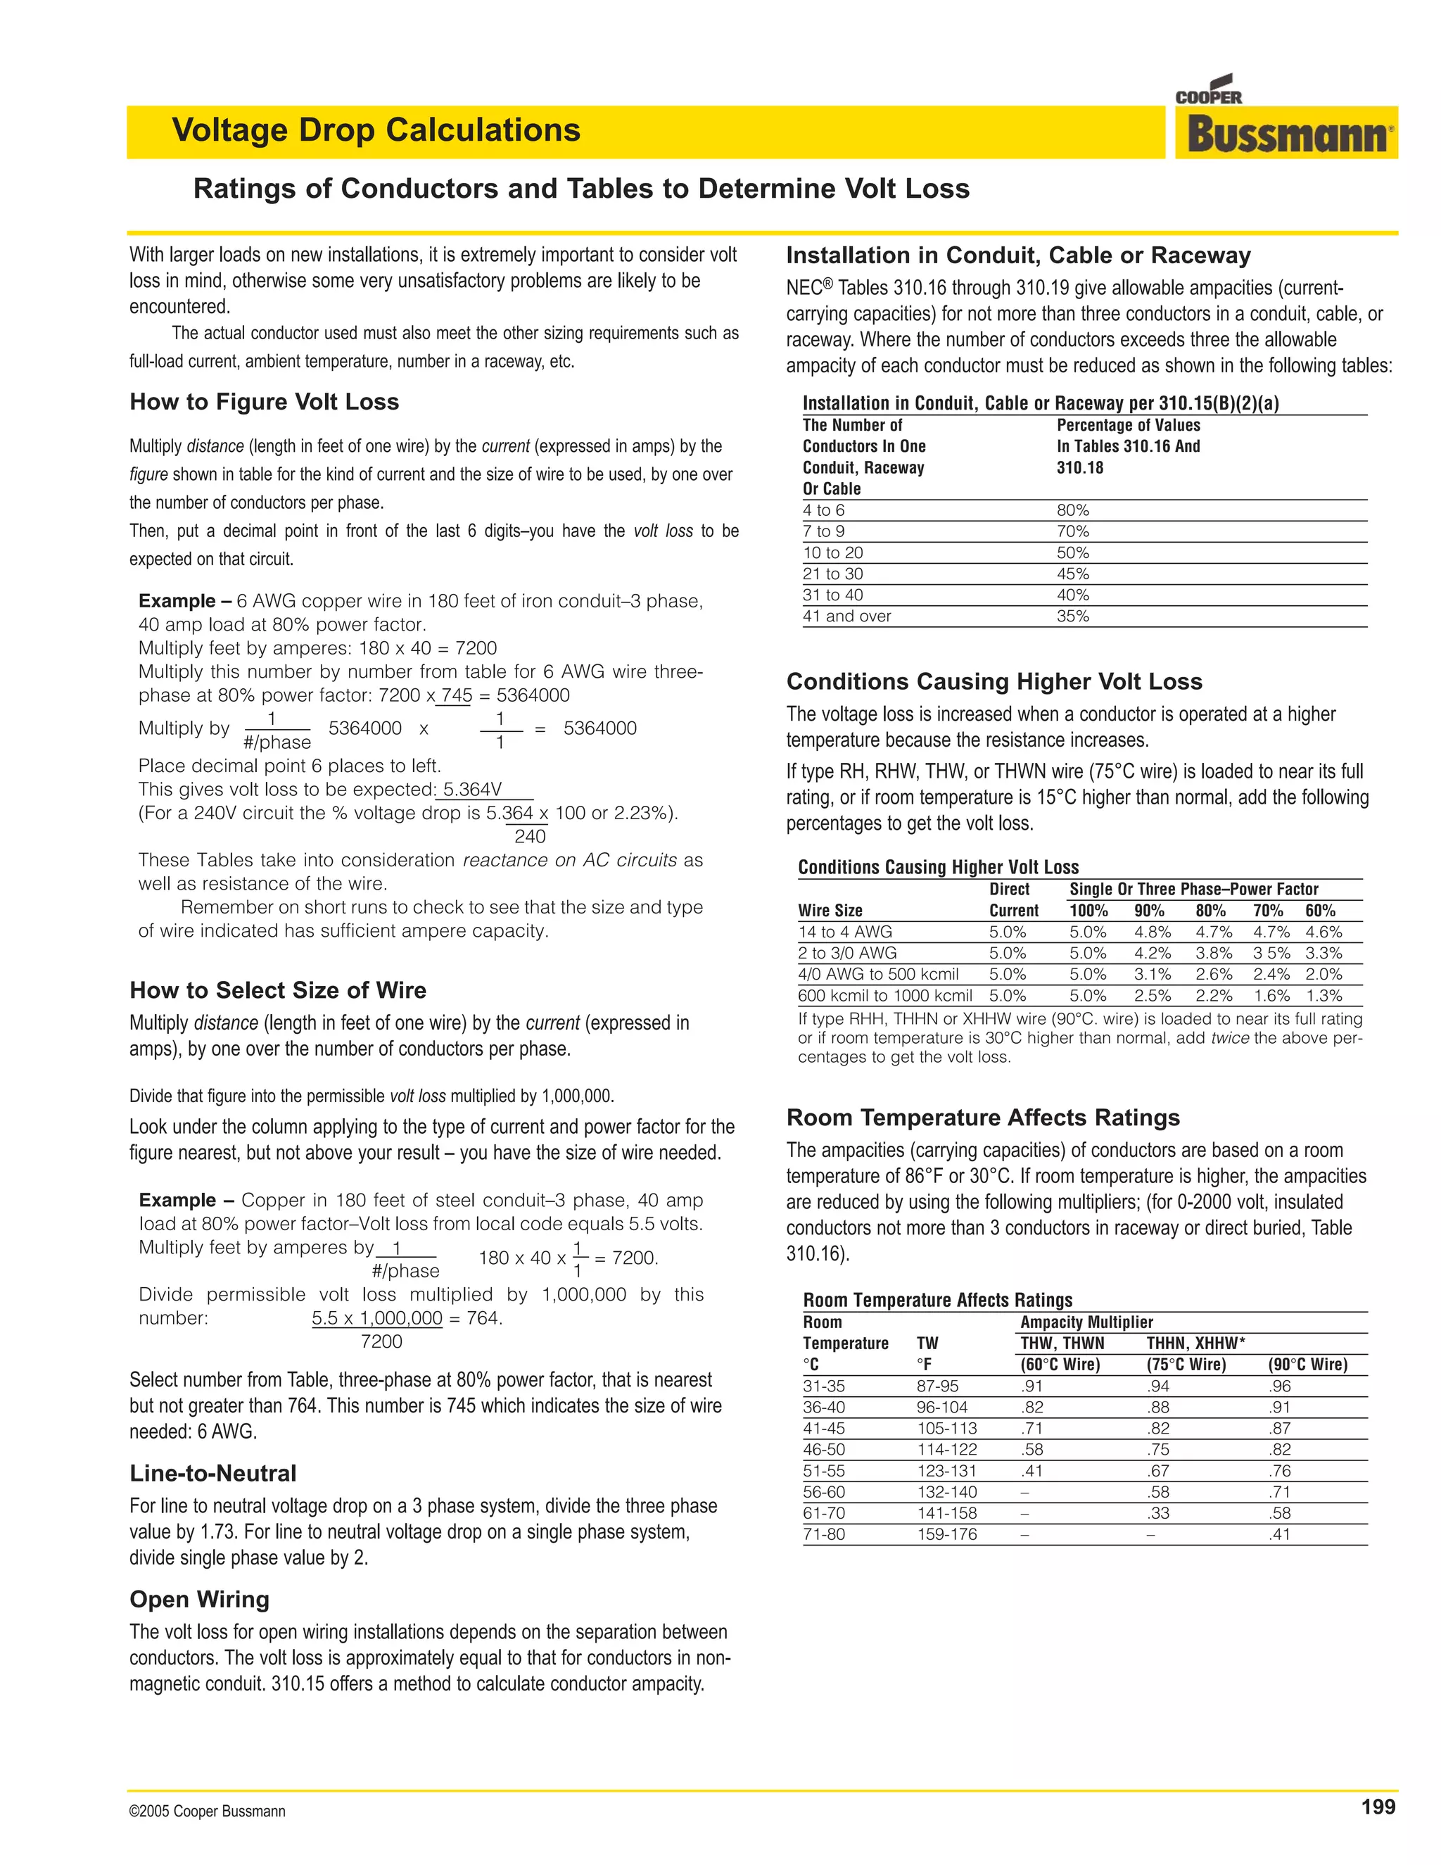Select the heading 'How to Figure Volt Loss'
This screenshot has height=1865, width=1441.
point(264,402)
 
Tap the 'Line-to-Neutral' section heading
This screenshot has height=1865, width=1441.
point(212,1473)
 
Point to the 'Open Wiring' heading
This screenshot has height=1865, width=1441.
point(199,1600)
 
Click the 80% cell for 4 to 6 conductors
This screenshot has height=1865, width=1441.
point(1072,511)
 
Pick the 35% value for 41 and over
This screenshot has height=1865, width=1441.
point(1072,617)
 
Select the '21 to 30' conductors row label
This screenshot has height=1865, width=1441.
point(832,574)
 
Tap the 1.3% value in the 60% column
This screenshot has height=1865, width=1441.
point(1323,996)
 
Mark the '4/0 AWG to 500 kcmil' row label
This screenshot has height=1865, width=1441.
point(877,974)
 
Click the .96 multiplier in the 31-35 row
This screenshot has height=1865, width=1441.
point(1280,1387)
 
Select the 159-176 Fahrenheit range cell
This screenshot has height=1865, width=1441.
point(947,1534)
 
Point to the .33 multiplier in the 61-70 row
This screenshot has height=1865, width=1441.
point(1157,1513)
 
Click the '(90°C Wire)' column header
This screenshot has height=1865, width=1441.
point(1308,1365)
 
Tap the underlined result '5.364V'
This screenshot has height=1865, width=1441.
point(472,790)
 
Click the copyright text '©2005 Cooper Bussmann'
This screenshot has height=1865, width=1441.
point(208,1812)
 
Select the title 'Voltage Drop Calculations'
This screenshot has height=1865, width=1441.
point(376,131)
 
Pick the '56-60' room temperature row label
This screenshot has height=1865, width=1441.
point(824,1492)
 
